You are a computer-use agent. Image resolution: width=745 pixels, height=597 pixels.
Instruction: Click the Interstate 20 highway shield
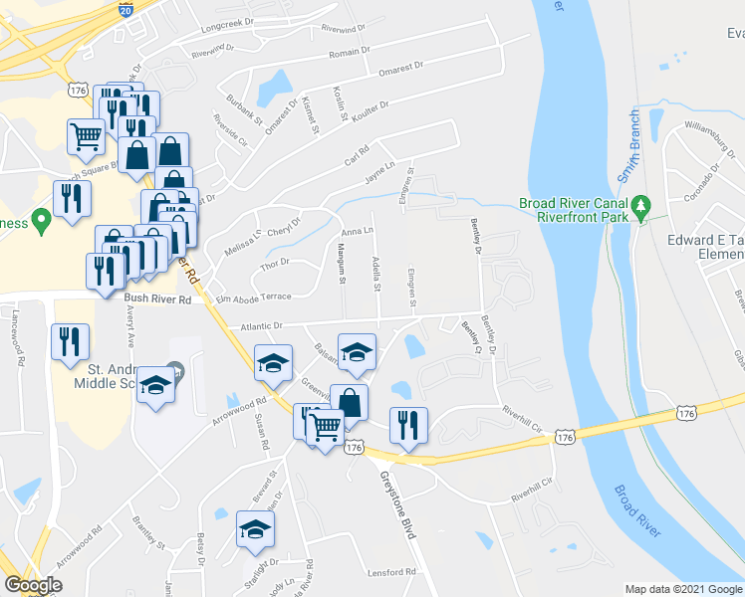pos(125,9)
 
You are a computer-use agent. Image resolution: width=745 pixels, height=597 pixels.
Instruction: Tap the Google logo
pos(34,585)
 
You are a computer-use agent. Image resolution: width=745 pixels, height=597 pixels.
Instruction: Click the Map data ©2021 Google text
pos(682,589)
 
